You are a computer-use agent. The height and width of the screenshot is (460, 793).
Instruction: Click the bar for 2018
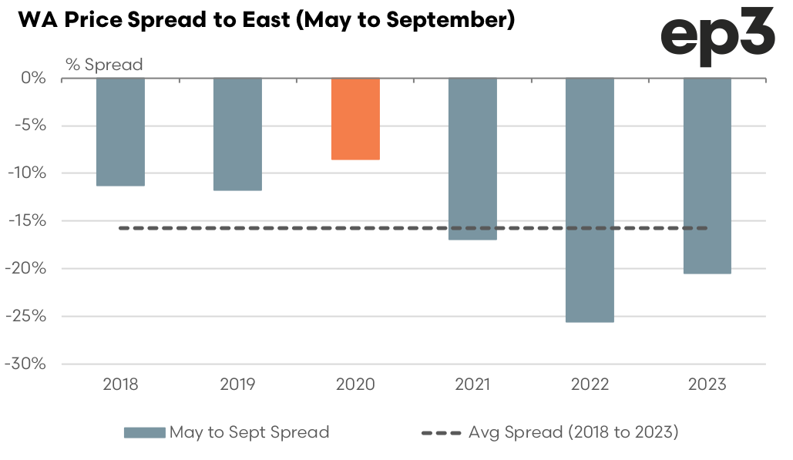coord(120,132)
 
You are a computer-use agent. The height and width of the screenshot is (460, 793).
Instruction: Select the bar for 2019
coord(237,134)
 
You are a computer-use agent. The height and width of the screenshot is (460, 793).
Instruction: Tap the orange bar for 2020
coord(355,119)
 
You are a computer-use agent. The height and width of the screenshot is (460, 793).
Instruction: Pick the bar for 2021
coord(472,159)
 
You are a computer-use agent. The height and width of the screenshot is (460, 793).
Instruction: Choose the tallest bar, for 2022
coord(590,200)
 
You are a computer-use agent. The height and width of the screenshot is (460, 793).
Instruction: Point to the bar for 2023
coord(707,176)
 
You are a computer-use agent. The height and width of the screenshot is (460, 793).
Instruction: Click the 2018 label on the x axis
coord(120,384)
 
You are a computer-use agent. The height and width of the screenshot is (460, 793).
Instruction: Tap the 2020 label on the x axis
coord(355,384)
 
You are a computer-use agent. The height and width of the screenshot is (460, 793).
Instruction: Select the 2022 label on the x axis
coord(590,384)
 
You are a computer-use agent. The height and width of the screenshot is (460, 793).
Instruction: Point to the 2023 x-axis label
coord(707,384)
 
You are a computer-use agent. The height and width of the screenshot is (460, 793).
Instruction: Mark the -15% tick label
coord(29,221)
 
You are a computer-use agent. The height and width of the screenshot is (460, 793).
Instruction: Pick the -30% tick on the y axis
coord(29,364)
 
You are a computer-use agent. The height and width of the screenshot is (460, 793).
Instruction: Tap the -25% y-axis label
coord(29,316)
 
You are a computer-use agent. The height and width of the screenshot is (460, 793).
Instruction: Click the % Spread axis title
coord(104,65)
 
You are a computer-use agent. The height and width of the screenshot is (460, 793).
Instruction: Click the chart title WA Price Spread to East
coord(266,21)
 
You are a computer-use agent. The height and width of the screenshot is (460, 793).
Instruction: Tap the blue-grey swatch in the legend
coord(144,432)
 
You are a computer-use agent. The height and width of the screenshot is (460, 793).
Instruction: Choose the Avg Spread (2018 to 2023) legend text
coord(573,432)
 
